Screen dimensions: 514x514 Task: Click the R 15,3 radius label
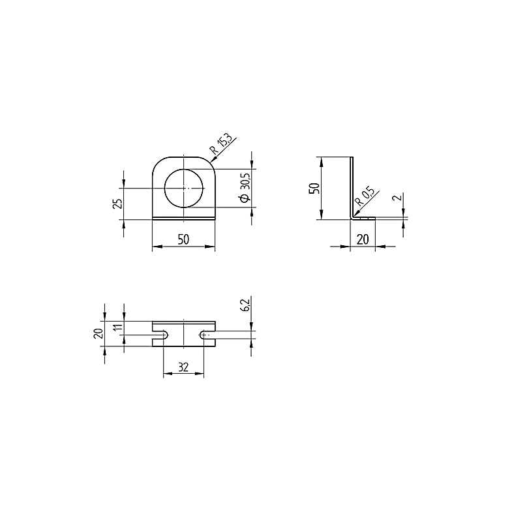tap(221, 144)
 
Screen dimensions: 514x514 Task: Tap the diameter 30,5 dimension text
tap(245, 187)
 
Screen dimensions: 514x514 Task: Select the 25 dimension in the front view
tap(119, 204)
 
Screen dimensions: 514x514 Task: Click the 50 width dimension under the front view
tap(183, 239)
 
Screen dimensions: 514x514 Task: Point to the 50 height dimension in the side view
tap(314, 188)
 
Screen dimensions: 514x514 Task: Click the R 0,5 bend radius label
tap(365, 196)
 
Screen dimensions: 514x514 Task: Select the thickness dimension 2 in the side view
tap(398, 198)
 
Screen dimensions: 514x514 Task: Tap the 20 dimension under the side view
tap(363, 239)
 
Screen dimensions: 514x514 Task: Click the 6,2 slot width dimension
tap(246, 305)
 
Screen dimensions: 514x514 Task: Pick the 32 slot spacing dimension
tap(183, 367)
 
